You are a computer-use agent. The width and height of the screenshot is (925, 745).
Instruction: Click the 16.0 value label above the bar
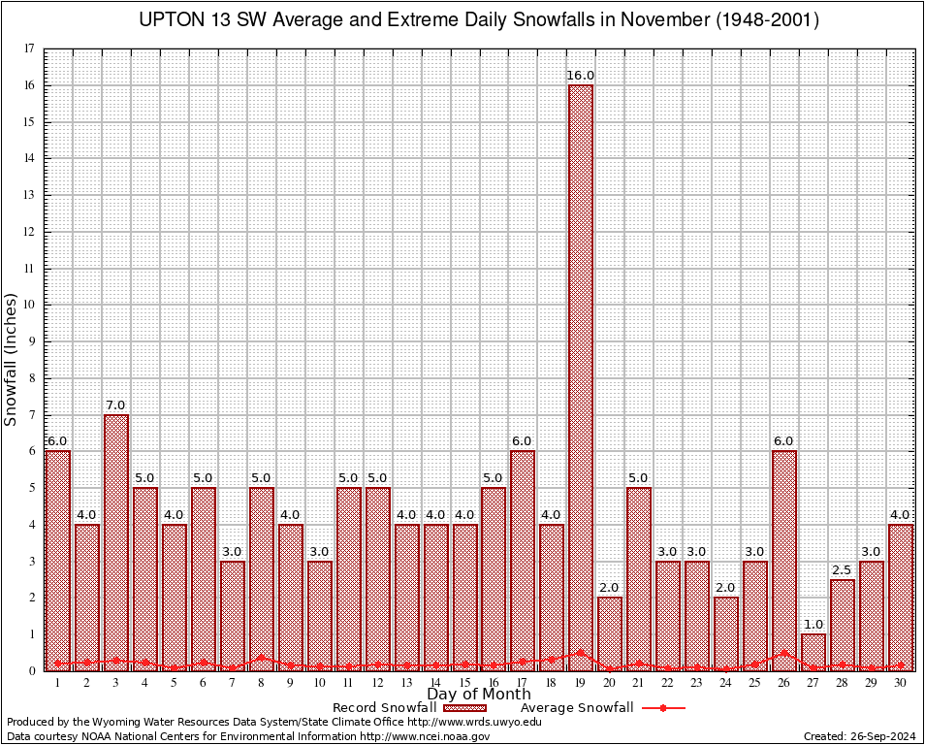click(x=581, y=76)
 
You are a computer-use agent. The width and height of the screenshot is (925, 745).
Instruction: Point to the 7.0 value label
click(x=116, y=405)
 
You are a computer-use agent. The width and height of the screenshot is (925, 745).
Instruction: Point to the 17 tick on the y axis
click(x=30, y=49)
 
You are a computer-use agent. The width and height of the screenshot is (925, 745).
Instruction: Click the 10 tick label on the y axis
click(x=30, y=305)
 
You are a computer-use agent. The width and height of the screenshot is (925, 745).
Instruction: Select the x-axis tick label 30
click(x=901, y=682)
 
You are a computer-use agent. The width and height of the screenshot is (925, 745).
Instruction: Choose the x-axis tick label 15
click(x=465, y=682)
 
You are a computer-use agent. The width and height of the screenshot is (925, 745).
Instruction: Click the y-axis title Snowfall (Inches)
click(x=12, y=359)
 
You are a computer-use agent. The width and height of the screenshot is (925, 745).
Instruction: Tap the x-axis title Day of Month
click(x=479, y=695)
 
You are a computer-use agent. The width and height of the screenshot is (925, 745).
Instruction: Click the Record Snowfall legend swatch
click(x=464, y=708)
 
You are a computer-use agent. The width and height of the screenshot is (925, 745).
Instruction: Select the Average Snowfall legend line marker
click(x=662, y=708)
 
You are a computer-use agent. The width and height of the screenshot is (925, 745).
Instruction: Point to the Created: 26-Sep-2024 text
click(x=860, y=737)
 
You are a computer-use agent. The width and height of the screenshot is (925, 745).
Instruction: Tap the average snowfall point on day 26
click(x=784, y=654)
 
